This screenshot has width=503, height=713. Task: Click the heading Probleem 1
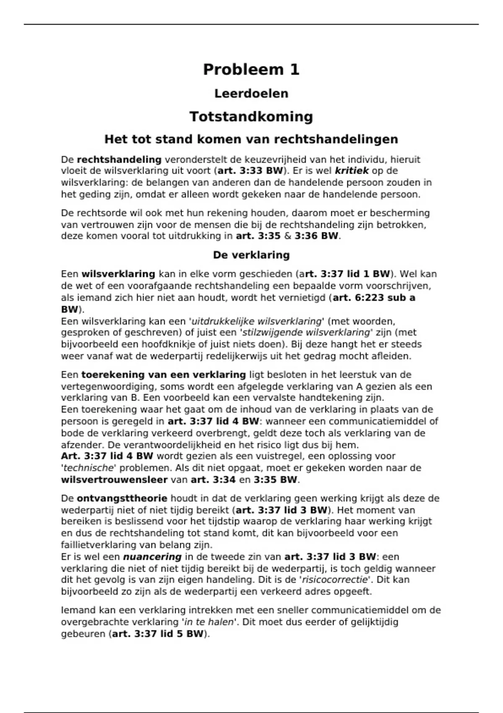[x=251, y=70]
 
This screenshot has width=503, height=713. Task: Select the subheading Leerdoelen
[x=251, y=94]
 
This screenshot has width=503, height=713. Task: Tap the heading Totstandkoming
[x=251, y=117]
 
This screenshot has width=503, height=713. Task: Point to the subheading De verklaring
[x=251, y=255]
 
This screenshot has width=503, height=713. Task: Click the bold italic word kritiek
[x=352, y=171]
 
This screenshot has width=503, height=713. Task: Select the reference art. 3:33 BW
[x=251, y=171]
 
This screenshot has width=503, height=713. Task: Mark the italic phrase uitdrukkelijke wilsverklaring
[x=256, y=321]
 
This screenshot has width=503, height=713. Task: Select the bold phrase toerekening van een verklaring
[x=163, y=375]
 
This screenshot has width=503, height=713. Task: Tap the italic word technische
[x=88, y=468]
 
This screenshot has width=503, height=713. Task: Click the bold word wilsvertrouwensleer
[x=114, y=480]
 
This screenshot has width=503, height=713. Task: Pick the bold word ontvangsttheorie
[x=122, y=498]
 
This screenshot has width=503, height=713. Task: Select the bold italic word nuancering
[x=152, y=557]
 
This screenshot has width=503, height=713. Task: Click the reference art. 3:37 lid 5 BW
[x=158, y=634]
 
